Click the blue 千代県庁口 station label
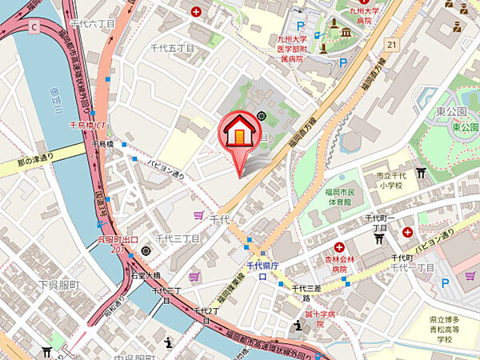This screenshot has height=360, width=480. pos(261,270)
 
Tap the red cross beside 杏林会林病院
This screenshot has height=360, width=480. pos(340,248)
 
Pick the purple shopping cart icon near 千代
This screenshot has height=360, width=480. pos(198,214)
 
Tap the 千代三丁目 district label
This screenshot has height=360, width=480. pos(177,238)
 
